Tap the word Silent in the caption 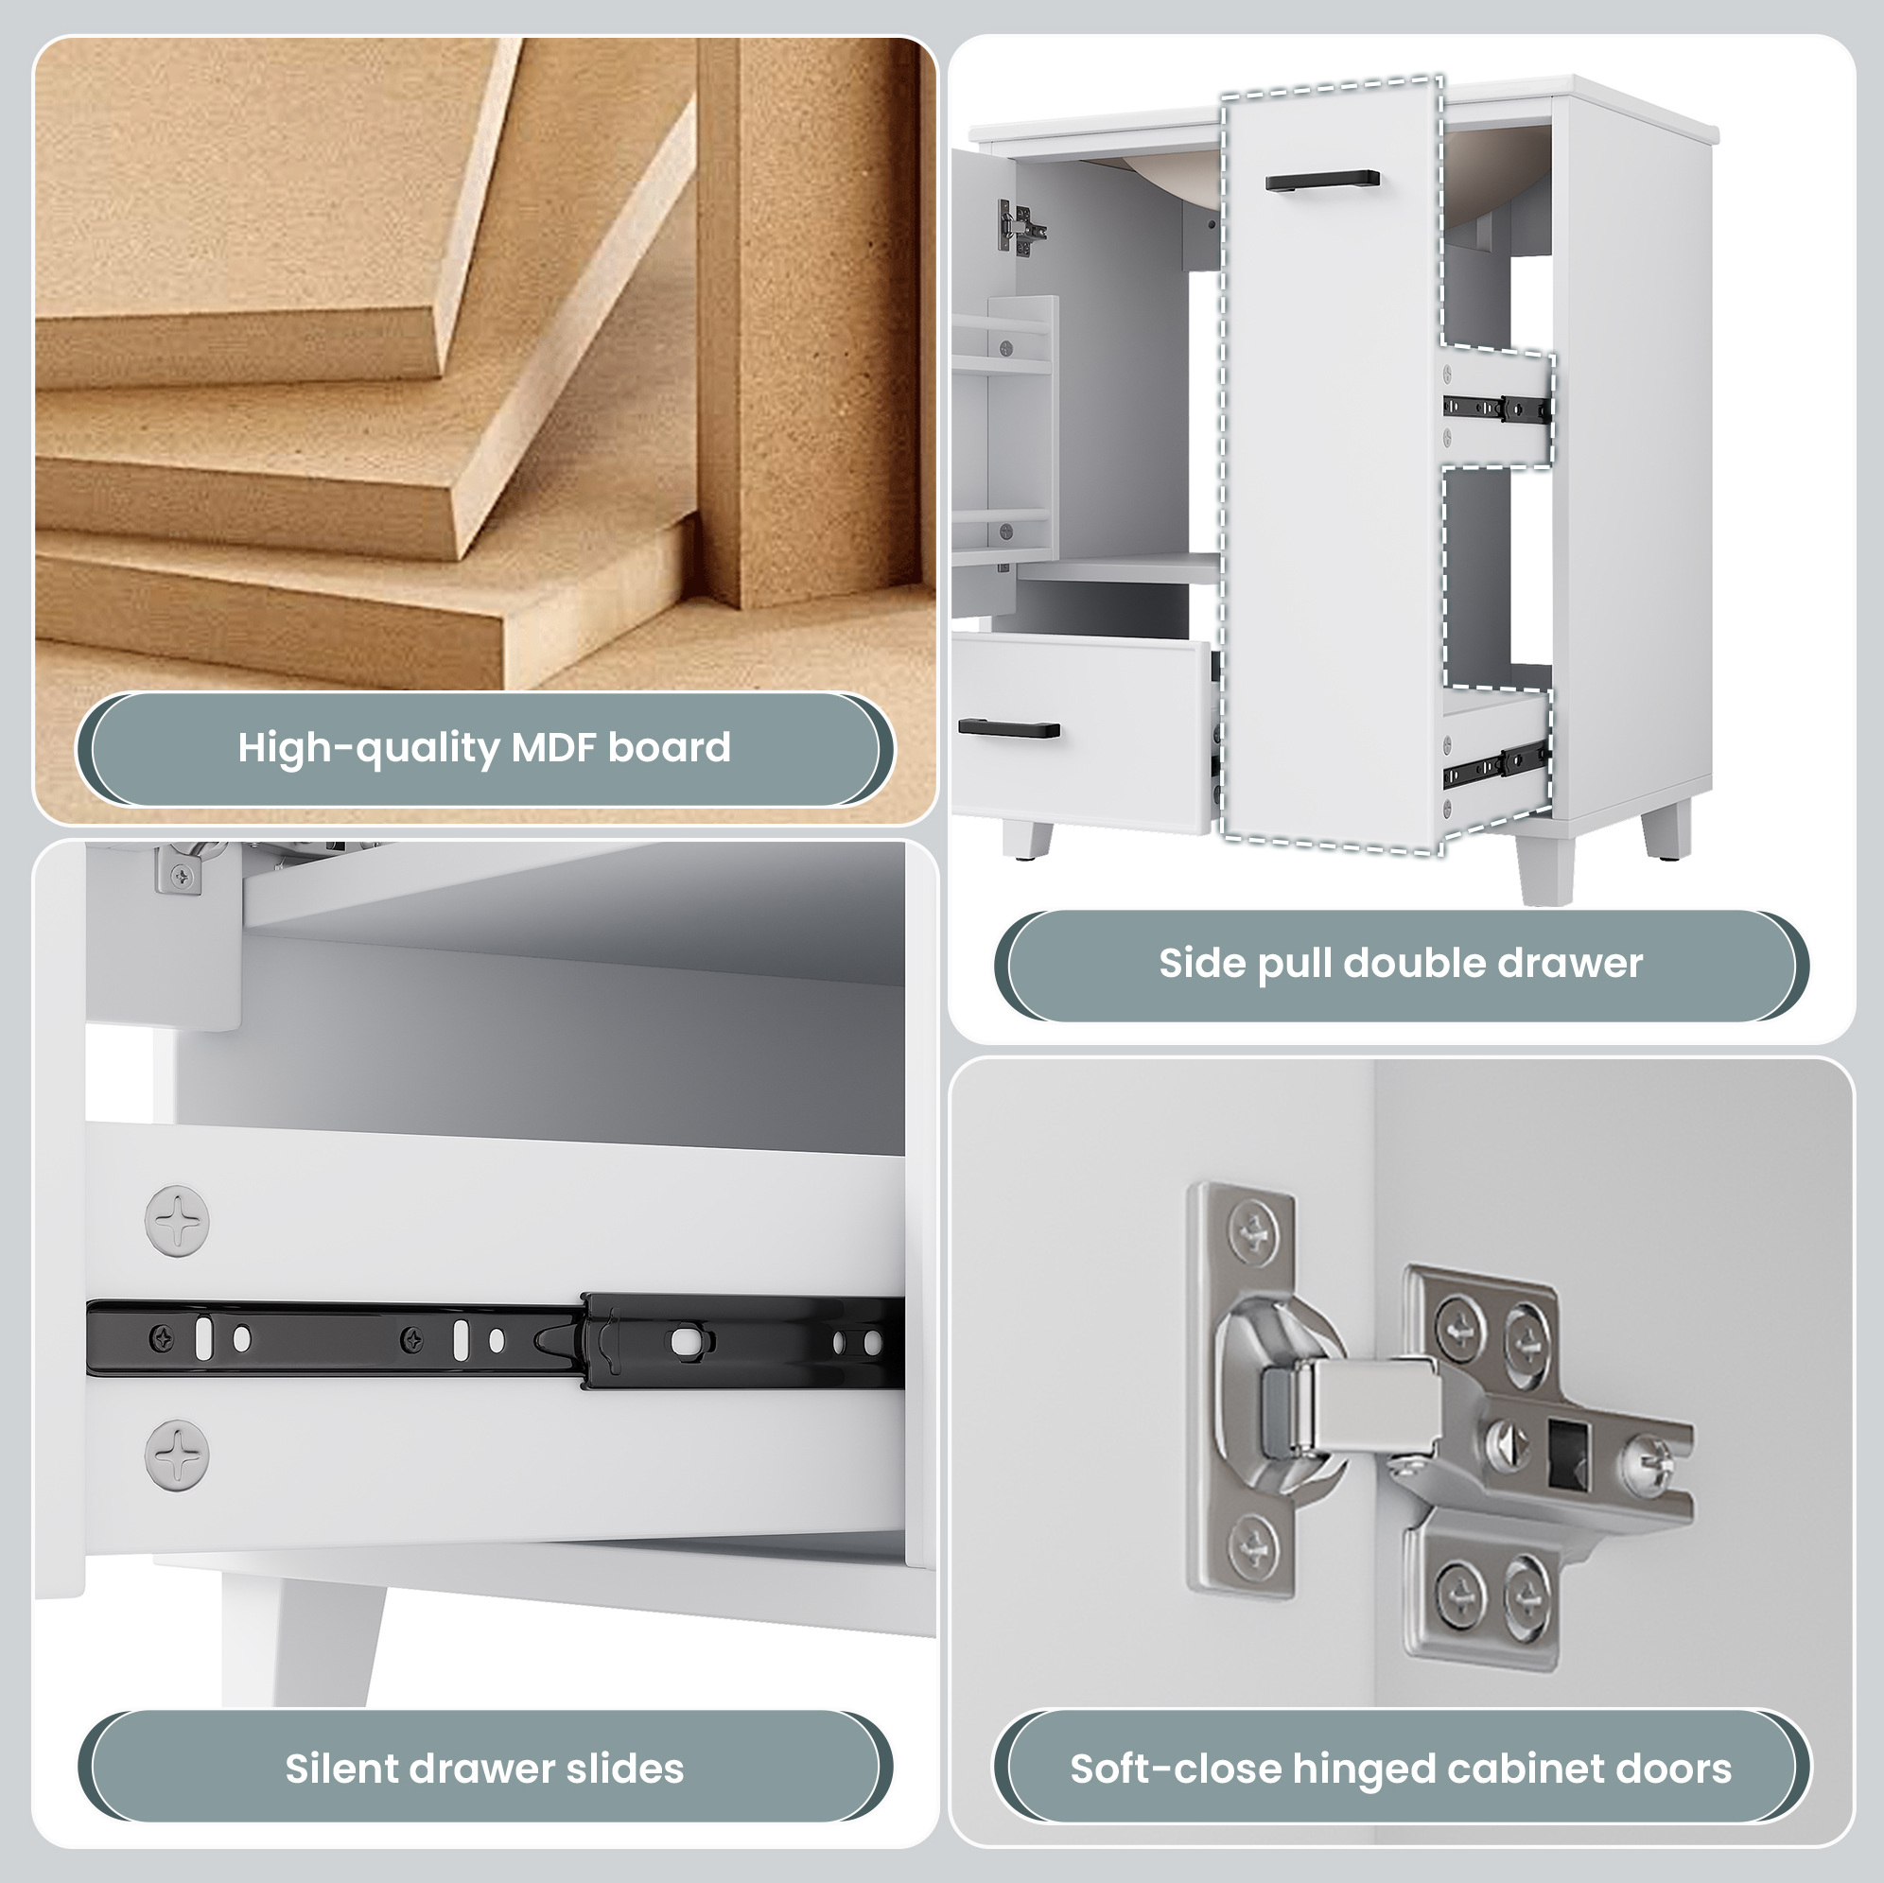(340, 1768)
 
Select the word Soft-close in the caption (1175, 1768)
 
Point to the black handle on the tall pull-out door (1322, 181)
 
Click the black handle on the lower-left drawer (1009, 727)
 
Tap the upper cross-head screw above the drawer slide (177, 1220)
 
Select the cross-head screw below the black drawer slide (177, 1454)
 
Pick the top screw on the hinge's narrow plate (1251, 1235)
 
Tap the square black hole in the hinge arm (1569, 1454)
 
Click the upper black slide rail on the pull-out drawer (1497, 410)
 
